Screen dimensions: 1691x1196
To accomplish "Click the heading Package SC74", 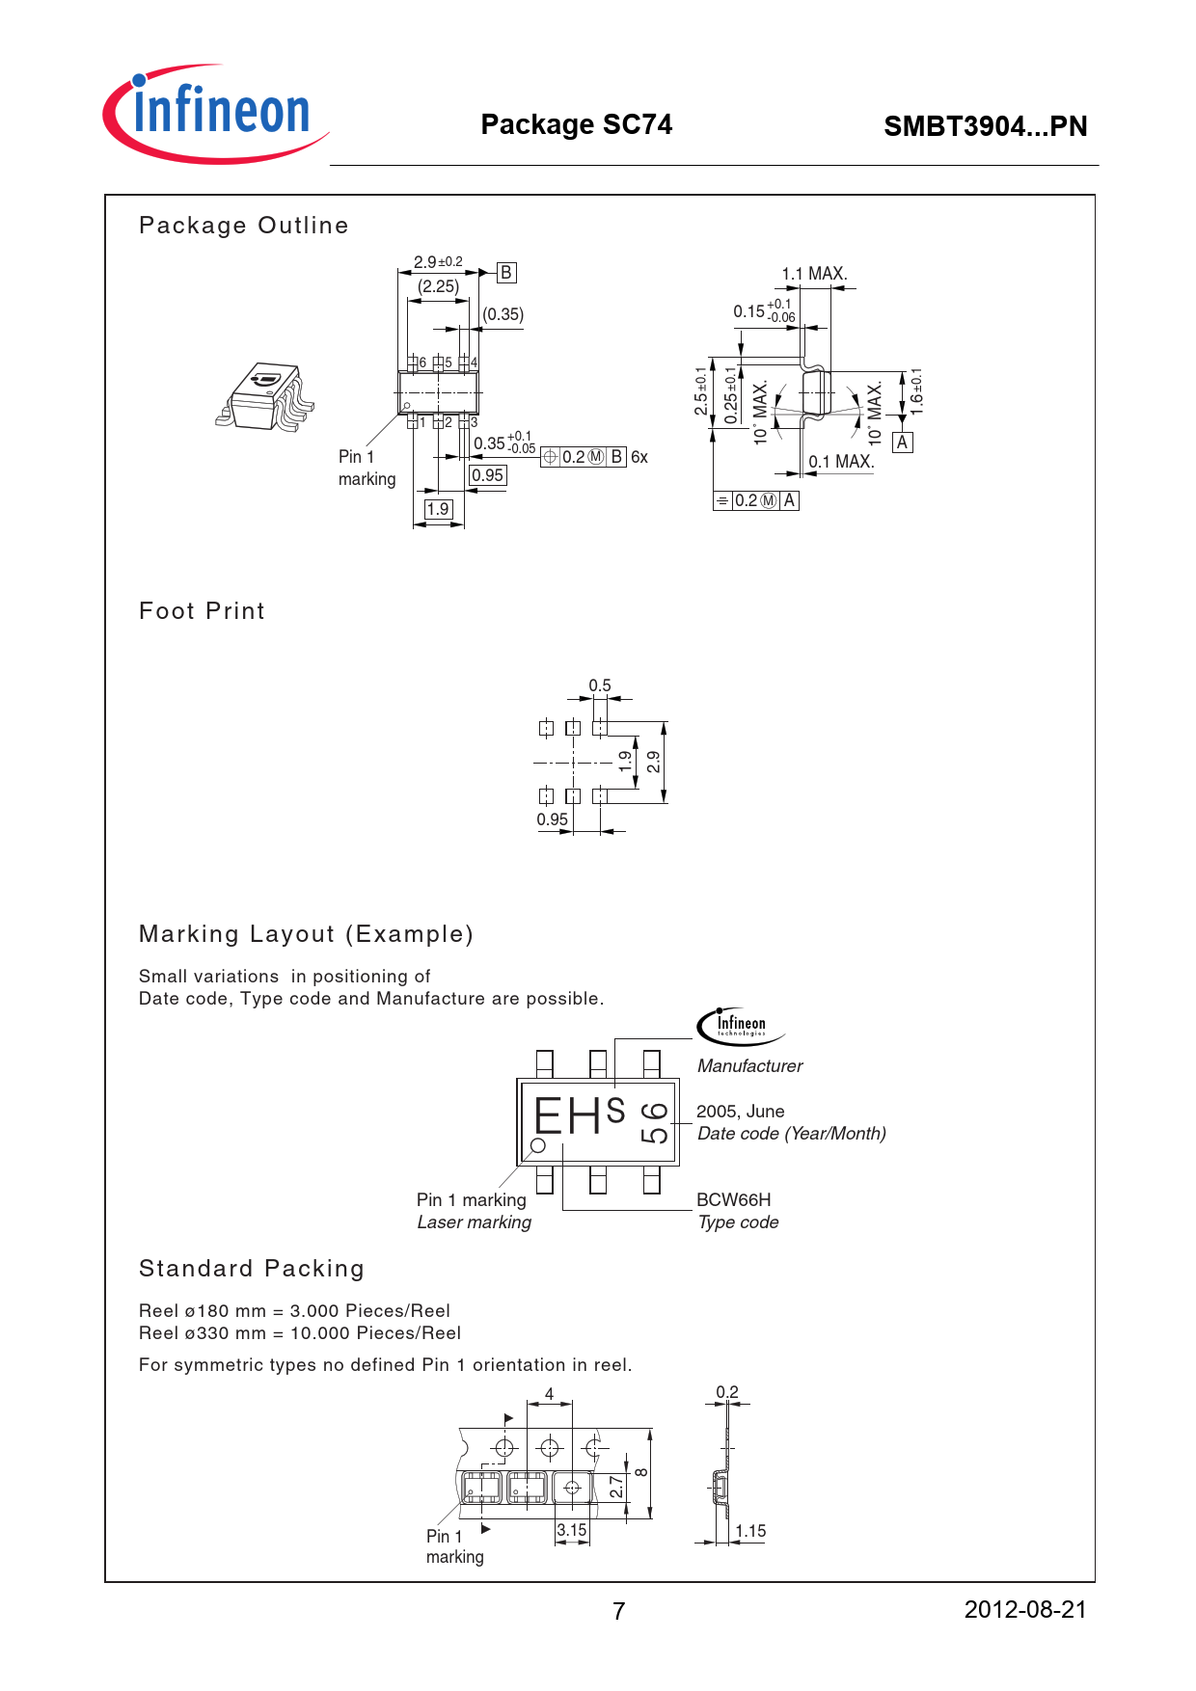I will pos(576,124).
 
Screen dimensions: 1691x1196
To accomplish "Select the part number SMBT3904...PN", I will pos(985,126).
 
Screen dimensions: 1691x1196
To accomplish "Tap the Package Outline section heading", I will pos(243,226).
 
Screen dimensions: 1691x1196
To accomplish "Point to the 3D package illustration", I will pos(266,396).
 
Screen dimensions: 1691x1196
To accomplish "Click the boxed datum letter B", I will pos(506,273).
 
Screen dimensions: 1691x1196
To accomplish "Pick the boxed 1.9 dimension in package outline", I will pos(438,509).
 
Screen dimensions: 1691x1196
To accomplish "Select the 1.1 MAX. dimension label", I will pos(814,274).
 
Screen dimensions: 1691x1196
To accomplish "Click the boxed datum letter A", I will pos(902,443).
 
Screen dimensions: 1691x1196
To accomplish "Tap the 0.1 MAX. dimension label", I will pos(841,462).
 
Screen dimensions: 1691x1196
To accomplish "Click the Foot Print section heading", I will pos(202,611).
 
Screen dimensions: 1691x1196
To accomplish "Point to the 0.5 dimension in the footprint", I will pos(600,685).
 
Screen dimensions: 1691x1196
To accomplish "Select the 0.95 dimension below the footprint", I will pos(553,819).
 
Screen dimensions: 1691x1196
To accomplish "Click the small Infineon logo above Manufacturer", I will pos(739,1025).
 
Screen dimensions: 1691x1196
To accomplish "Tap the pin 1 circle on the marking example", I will pos(538,1145).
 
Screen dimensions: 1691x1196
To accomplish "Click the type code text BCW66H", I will pos(733,1200).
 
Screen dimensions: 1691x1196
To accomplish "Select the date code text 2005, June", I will pos(740,1112).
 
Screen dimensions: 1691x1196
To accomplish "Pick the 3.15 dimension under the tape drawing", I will pos(572,1530).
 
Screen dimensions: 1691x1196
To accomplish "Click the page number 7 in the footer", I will pos(618,1611).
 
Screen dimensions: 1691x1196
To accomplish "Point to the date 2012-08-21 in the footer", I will pos(1024,1610).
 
